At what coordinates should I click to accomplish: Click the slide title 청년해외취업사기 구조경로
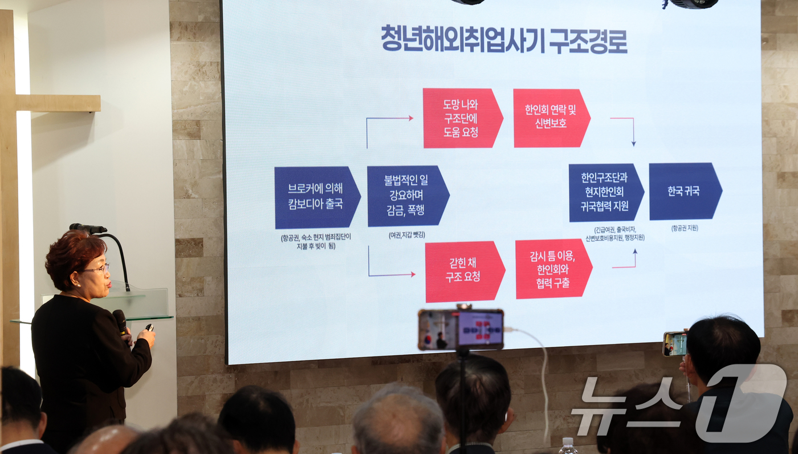[504, 40]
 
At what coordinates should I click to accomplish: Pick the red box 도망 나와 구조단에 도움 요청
[461, 118]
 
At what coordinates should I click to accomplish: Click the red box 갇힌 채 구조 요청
[463, 271]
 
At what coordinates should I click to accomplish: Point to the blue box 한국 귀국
[684, 191]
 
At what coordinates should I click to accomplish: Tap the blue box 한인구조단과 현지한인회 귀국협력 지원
[605, 193]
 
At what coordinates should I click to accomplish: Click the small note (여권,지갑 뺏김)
[406, 235]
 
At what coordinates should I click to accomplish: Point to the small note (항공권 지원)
[684, 228]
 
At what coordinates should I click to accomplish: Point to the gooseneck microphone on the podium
[89, 229]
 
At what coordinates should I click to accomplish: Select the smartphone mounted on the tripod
[461, 329]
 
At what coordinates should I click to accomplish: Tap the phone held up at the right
[675, 344]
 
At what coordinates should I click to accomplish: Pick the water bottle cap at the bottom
[567, 441]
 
